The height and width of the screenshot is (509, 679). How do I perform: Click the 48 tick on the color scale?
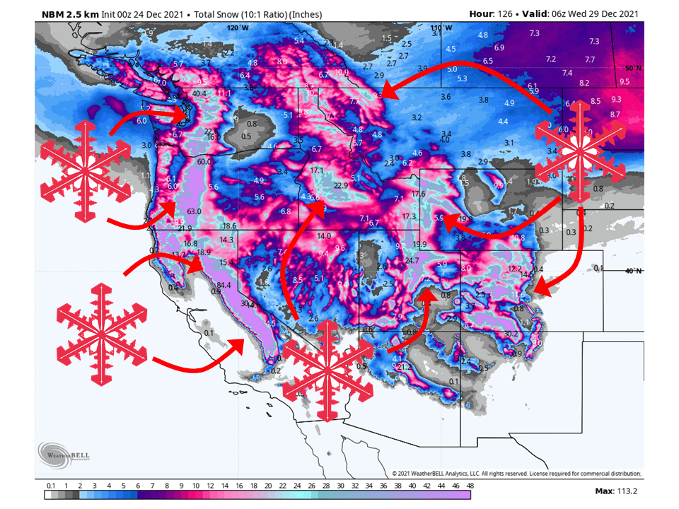click(470, 486)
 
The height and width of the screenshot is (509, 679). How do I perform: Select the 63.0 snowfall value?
click(195, 211)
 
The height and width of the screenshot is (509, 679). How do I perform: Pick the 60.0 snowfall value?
click(205, 162)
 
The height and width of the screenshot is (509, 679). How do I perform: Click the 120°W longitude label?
click(238, 28)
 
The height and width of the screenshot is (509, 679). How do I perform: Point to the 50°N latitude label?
click(633, 68)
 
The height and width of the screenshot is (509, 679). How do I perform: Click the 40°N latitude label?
click(633, 271)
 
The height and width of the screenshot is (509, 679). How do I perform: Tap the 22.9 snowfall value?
click(342, 185)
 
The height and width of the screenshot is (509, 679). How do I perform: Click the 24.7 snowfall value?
click(412, 261)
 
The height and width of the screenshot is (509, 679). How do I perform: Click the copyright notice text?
click(516, 473)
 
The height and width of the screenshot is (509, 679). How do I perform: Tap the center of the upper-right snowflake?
click(580, 150)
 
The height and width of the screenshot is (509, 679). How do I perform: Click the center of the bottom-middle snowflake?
click(327, 370)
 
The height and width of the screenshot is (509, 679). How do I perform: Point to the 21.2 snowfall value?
click(404, 367)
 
